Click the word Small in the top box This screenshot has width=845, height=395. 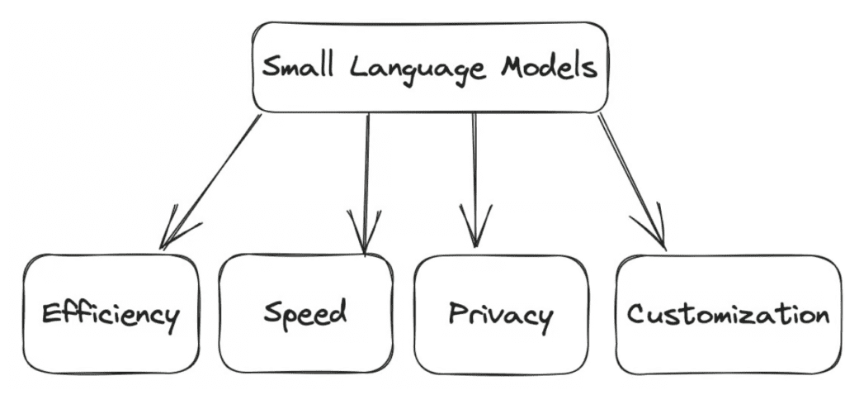(x=297, y=67)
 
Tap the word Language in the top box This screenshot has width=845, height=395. (x=418, y=69)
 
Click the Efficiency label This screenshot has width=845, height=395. (x=110, y=315)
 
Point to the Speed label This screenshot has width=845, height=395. (x=305, y=314)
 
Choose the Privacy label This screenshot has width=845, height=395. (x=500, y=315)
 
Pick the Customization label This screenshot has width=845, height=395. (x=727, y=314)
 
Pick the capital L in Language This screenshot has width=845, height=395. (x=356, y=66)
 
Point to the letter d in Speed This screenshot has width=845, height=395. (x=338, y=312)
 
